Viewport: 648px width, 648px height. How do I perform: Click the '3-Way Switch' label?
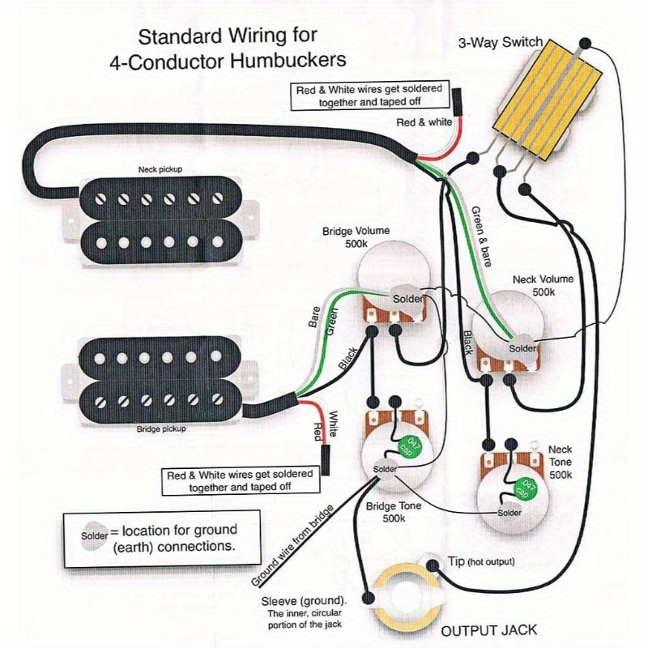(500, 43)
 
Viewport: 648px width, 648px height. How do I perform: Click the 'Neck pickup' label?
(160, 169)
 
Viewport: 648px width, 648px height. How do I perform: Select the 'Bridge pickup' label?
(161, 429)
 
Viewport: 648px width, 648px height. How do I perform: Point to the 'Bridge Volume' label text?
(356, 231)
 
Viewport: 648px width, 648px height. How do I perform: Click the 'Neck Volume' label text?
(543, 279)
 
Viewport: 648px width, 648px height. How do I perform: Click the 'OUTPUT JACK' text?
(489, 630)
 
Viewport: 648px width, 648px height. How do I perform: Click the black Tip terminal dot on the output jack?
(433, 565)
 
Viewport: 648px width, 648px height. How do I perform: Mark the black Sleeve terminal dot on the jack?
(368, 598)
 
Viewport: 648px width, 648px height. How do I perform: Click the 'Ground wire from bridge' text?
(292, 545)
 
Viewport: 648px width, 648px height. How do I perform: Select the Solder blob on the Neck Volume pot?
(522, 348)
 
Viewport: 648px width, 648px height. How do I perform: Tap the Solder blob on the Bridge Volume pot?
(407, 299)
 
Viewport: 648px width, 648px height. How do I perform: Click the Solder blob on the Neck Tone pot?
(509, 513)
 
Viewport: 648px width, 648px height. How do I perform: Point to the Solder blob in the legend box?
(94, 535)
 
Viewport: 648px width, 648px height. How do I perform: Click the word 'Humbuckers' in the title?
(288, 60)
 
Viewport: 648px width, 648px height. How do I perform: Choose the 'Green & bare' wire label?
(481, 236)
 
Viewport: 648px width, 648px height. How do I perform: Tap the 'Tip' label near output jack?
(457, 561)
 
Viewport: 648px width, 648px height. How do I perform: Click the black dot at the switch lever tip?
(585, 43)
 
